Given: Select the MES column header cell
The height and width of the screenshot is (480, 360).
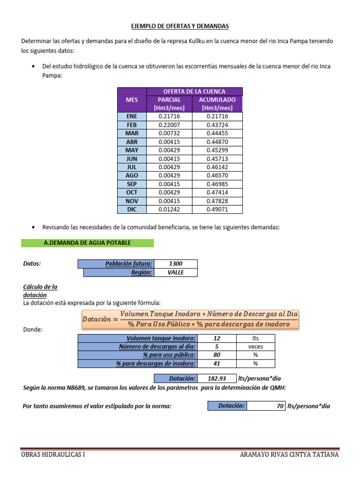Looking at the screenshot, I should (x=132, y=100).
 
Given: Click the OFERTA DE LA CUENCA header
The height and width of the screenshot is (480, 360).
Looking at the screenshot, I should (x=194, y=91).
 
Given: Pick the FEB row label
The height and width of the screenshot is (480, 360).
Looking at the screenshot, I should (x=132, y=125).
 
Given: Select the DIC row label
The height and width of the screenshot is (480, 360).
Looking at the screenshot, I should (x=132, y=209).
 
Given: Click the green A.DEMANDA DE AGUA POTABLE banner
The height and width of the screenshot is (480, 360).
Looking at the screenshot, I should (x=87, y=243).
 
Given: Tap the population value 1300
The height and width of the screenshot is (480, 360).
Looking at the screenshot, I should (x=175, y=264).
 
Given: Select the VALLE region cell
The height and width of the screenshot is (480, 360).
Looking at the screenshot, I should (x=175, y=272).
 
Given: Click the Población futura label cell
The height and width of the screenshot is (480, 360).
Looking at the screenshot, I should (x=116, y=264).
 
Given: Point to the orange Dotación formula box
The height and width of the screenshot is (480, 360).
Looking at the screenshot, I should (x=190, y=319).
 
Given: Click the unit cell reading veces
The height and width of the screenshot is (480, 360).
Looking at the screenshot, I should (x=255, y=347).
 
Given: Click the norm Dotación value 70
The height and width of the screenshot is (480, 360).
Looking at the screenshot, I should (x=265, y=406).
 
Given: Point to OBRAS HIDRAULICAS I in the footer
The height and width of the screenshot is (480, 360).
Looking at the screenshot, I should (x=53, y=455).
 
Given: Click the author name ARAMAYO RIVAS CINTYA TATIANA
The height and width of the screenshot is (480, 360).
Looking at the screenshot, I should (x=289, y=455).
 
